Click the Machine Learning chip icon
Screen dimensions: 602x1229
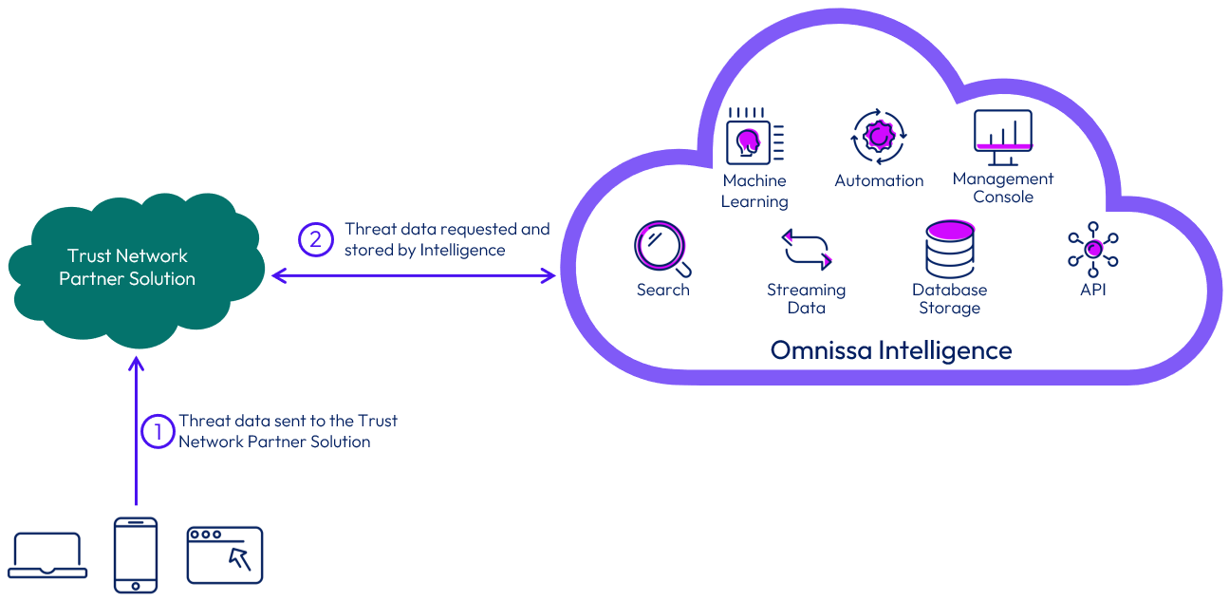[x=754, y=138]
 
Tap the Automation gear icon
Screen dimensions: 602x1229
[x=879, y=138]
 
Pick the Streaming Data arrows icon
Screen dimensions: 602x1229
[x=806, y=249]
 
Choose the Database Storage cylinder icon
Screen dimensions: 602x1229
[x=950, y=249]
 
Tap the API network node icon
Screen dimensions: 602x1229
[x=1093, y=249]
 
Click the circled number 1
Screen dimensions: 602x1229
[x=158, y=431]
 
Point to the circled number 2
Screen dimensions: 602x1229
[x=315, y=239]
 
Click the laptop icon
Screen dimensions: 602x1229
[x=47, y=556]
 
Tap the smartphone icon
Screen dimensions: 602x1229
[x=135, y=555]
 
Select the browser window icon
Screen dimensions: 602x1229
[x=224, y=555]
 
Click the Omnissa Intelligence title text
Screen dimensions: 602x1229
[x=891, y=350]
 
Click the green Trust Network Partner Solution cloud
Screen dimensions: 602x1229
[x=128, y=268]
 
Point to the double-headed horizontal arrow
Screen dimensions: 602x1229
[x=413, y=275]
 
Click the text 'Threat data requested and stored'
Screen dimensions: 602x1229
[x=447, y=239]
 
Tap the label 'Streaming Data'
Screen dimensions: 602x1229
[x=806, y=298]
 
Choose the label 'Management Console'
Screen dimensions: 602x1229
[x=1002, y=187]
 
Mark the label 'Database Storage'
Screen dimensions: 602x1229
[x=949, y=298]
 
